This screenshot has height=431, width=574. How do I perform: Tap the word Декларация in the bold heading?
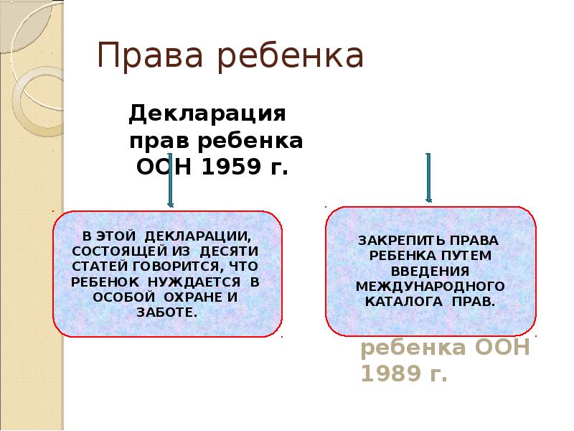pyautogui.click(x=207, y=113)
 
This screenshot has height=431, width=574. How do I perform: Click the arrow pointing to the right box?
pyautogui.click(x=428, y=177)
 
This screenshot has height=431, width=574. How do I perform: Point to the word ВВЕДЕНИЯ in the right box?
pyautogui.click(x=430, y=272)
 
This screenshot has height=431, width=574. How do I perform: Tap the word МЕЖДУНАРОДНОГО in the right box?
pyautogui.click(x=430, y=286)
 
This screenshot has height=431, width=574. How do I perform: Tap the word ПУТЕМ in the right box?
pyautogui.click(x=470, y=256)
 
